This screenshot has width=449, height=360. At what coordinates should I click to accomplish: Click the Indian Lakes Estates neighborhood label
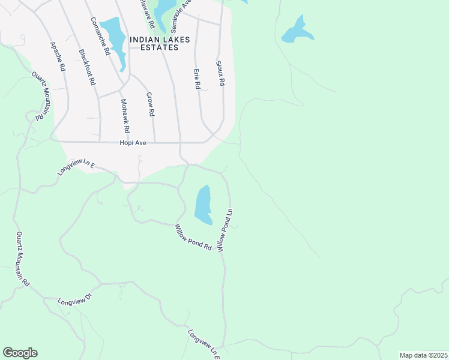coord(160,43)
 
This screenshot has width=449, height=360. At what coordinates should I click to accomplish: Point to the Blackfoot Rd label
coord(87,67)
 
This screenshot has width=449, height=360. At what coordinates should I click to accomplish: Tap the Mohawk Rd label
coord(125,116)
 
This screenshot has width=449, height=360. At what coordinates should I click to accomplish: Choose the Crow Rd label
coord(151,104)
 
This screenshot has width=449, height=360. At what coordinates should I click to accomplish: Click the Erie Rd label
coord(196,79)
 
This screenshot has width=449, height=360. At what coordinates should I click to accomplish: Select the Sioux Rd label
coord(220,73)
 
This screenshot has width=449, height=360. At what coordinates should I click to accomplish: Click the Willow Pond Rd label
coord(193,237)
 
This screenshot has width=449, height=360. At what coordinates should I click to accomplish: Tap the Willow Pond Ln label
coord(224,230)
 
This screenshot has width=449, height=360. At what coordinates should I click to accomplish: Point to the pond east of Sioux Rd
coord(297,31)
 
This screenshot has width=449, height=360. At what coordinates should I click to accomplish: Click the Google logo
coord(20,353)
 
